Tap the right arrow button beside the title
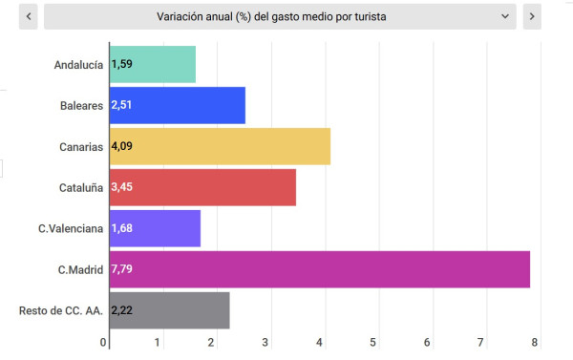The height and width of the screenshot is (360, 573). [x=532, y=16]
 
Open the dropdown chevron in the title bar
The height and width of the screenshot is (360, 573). [x=505, y=16]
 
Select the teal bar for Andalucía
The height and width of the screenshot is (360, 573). [x=153, y=64]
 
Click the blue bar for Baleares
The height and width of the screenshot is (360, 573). [x=178, y=105]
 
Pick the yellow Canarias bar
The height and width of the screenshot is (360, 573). [x=220, y=146]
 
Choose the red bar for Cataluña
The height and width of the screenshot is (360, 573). [x=202, y=187]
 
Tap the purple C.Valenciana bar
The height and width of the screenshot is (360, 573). [x=155, y=228]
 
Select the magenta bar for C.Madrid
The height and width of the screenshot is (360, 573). [x=320, y=269]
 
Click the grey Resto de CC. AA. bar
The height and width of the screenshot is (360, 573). [x=170, y=310]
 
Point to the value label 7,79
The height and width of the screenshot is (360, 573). [x=121, y=269]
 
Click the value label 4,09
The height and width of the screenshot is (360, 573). [x=121, y=146]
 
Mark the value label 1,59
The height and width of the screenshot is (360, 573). [x=121, y=64]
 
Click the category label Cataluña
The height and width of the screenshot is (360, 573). [x=79, y=187]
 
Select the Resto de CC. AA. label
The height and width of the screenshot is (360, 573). [x=61, y=310]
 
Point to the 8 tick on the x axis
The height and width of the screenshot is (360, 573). [x=535, y=342]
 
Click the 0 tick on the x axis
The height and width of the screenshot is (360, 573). [x=104, y=342]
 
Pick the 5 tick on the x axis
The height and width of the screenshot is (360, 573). [x=374, y=342]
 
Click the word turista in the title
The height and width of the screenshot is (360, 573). [x=370, y=16]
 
